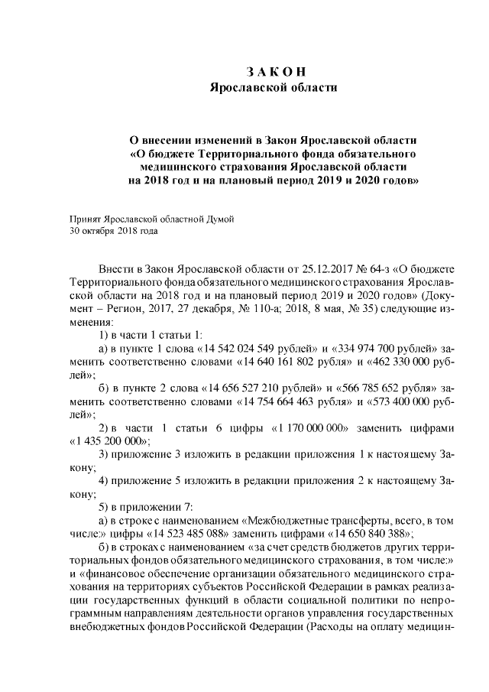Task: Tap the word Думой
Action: pyautogui.click(x=218, y=218)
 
